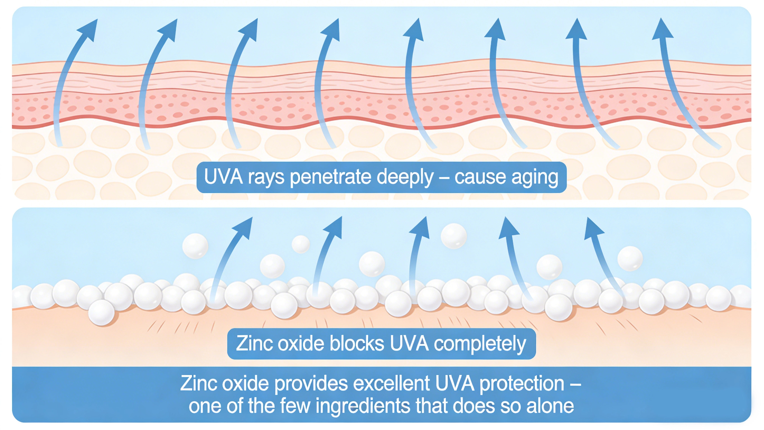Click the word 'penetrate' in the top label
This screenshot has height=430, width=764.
[331, 177]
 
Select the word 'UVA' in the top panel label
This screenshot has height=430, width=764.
[223, 177]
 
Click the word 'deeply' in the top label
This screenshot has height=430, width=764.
[405, 177]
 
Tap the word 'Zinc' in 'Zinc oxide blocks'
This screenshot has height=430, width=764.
[254, 344]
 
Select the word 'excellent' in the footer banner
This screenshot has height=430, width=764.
[392, 383]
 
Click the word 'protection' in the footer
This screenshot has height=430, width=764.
[522, 383]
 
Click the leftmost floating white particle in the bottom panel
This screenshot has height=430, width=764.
[195, 246]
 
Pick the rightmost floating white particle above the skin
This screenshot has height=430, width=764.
[630, 258]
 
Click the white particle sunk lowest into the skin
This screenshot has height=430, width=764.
[101, 312]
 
